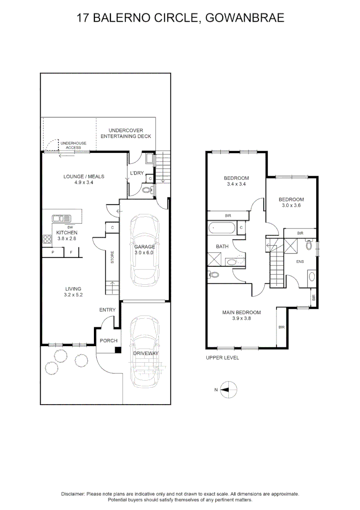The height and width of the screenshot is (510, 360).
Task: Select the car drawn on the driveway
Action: (x=146, y=352)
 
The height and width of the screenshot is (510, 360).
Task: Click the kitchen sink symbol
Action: (x=60, y=218)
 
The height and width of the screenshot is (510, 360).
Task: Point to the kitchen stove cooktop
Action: (x=47, y=239)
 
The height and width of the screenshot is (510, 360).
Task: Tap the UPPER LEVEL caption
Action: (x=222, y=358)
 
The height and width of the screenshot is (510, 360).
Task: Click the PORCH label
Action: (x=108, y=341)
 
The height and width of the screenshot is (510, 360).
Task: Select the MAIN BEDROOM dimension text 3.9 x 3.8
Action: (x=242, y=318)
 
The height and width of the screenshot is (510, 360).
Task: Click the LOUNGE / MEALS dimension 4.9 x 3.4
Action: (x=84, y=183)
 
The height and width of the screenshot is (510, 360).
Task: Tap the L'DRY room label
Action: (x=137, y=173)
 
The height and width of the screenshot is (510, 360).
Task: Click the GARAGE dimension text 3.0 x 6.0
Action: (x=144, y=253)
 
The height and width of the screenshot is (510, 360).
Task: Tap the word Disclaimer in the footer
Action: (x=73, y=493)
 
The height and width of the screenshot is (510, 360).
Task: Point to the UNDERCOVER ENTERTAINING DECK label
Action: (x=126, y=133)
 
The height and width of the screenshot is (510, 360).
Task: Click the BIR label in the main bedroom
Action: (x=282, y=327)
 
